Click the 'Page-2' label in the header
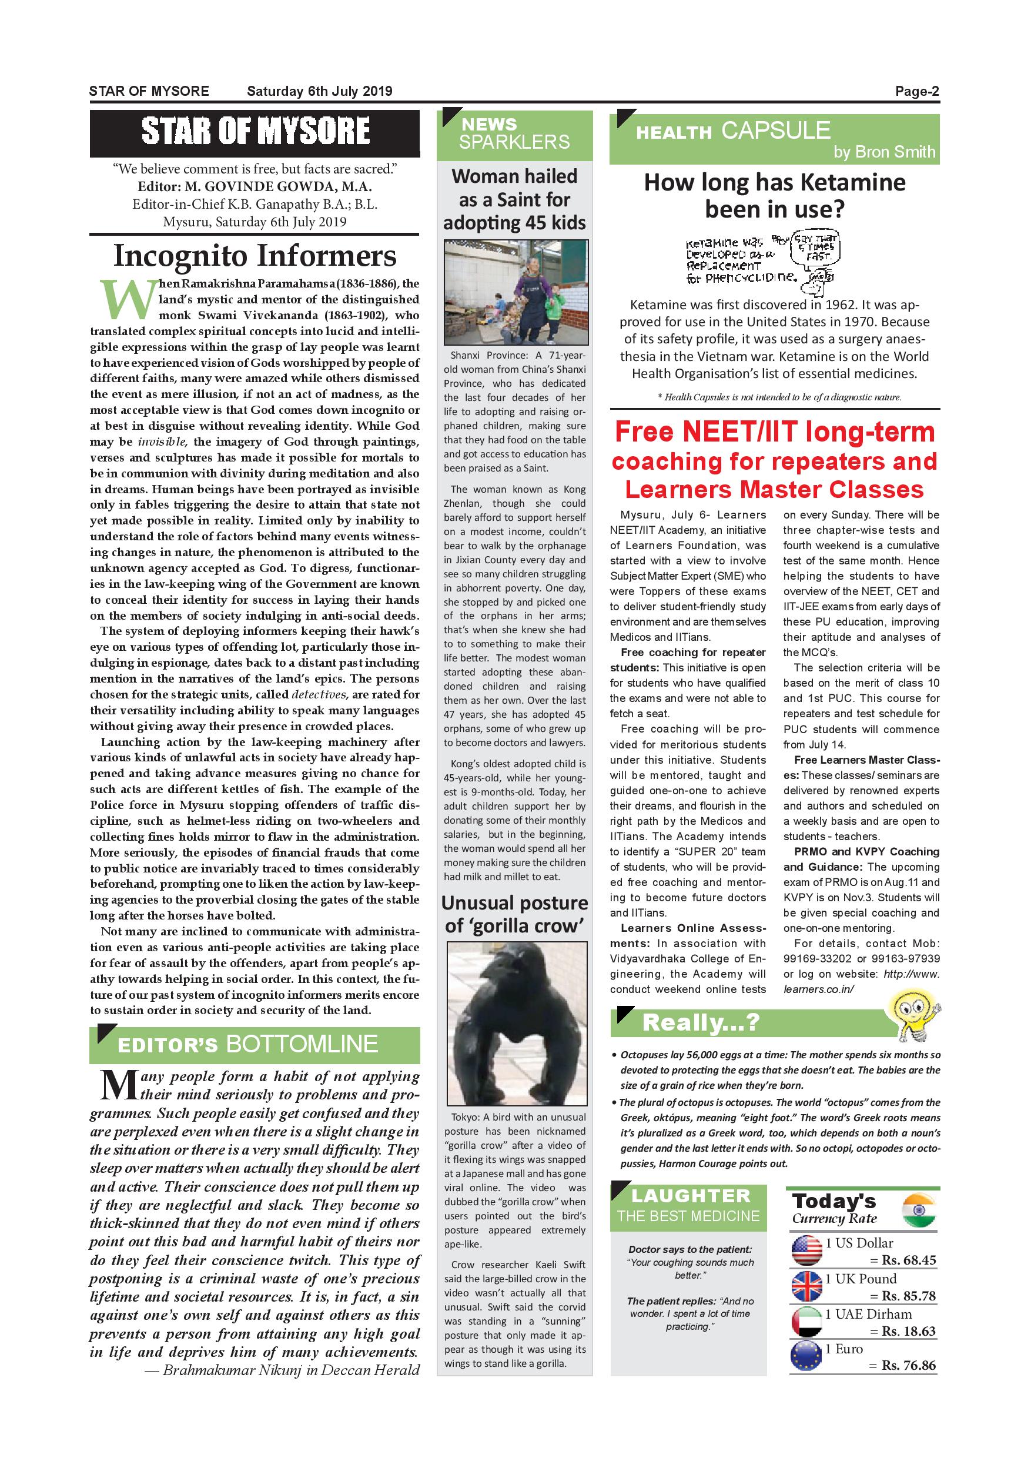click(917, 91)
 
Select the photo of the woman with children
click(515, 292)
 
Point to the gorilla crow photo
click(516, 1023)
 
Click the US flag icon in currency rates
click(807, 1251)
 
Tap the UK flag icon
click(807, 1287)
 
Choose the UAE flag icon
click(807, 1323)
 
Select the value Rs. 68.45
click(909, 1260)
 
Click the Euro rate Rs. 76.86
click(909, 1365)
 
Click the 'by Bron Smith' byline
click(885, 152)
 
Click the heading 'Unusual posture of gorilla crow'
click(514, 914)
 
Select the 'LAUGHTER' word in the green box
click(691, 1196)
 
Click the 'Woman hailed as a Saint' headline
click(514, 199)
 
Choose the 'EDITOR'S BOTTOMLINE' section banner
click(255, 1044)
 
